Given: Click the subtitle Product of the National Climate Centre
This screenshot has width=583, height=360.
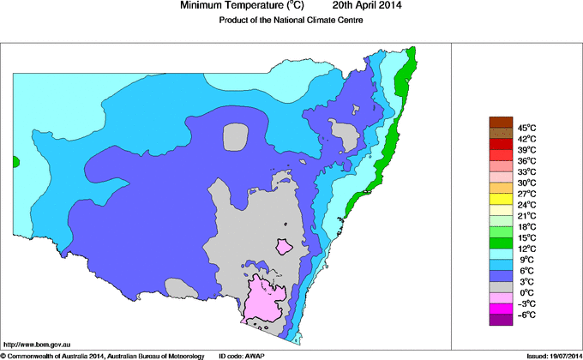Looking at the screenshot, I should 291,20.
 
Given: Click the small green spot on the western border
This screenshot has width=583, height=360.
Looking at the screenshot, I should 15,161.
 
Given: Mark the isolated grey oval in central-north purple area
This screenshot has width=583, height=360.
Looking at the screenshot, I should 233,136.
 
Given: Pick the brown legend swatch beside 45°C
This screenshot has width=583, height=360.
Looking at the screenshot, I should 501,122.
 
